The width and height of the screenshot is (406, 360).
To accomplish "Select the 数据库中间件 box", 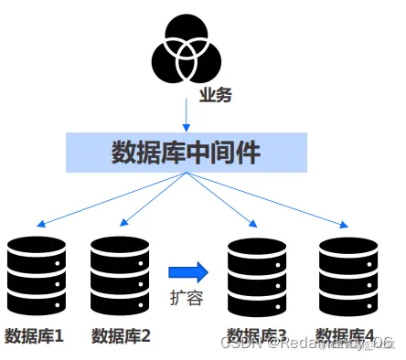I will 185,151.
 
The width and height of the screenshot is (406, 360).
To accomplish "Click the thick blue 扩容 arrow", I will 188,271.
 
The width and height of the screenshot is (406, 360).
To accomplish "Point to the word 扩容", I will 187,298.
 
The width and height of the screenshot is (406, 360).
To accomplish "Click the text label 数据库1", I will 34,335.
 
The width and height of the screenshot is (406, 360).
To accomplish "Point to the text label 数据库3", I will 257,335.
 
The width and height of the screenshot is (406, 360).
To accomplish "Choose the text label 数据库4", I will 346,334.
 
